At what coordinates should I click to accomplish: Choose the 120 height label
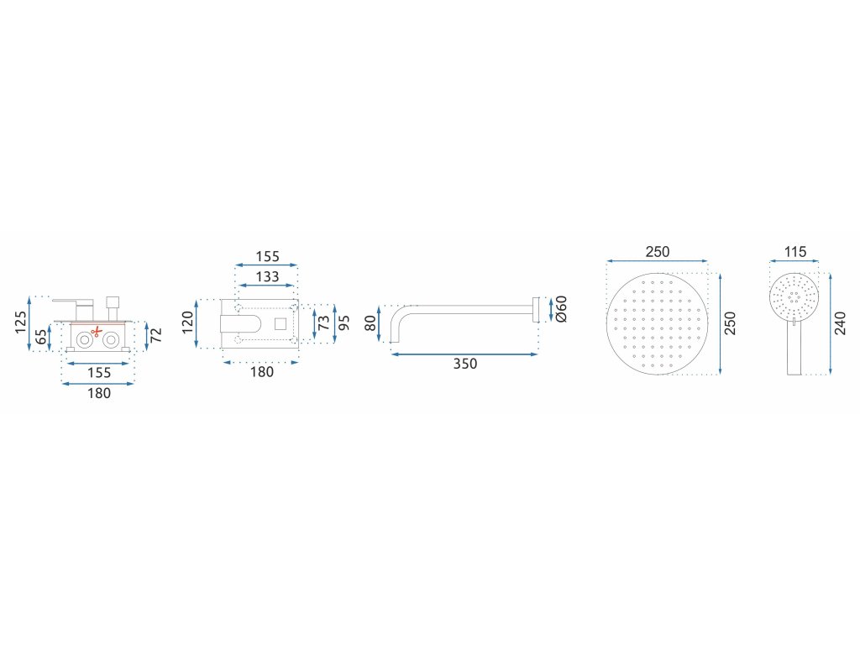(x=187, y=320)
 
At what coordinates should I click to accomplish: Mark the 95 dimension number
(x=344, y=323)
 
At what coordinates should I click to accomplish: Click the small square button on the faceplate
(x=281, y=323)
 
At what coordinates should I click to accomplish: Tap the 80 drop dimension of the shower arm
(x=370, y=322)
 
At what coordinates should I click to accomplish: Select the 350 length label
(x=464, y=364)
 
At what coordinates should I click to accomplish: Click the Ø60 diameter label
(x=562, y=309)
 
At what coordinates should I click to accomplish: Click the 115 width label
(x=795, y=252)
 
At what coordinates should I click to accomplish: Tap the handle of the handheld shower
(x=794, y=349)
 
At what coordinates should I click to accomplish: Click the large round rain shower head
(x=657, y=323)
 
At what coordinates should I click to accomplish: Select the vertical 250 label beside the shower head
(x=730, y=323)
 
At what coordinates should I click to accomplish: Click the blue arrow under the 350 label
(x=464, y=354)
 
